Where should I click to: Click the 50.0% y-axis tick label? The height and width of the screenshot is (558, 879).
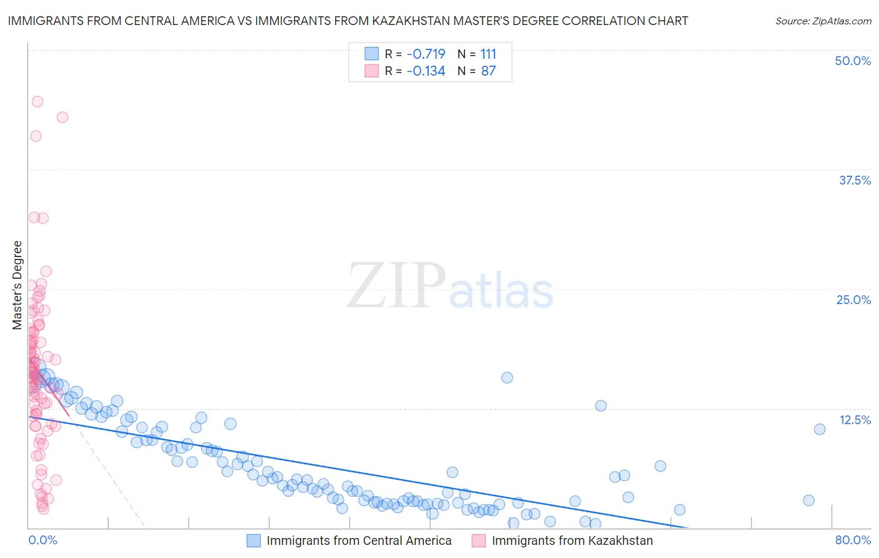853,61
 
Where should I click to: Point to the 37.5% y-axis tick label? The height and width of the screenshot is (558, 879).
855,180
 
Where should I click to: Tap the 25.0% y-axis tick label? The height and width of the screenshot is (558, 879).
853,300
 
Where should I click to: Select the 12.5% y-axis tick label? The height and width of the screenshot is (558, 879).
855,420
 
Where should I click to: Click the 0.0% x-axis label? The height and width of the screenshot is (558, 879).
43,540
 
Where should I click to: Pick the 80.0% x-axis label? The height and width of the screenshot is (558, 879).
853,540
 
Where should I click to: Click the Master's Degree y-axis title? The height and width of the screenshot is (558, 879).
18,285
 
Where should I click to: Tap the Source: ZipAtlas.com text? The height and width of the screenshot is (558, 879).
823,21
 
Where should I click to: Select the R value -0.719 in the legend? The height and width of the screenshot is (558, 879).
426,54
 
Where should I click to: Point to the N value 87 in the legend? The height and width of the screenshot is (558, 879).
488,71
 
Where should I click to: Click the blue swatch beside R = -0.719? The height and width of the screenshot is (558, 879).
372,54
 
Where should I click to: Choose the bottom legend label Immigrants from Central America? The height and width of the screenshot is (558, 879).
359,541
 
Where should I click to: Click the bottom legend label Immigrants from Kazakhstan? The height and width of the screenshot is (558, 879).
572,541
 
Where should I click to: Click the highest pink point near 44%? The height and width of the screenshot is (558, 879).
38,101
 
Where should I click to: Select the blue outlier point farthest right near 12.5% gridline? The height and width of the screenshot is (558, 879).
820,429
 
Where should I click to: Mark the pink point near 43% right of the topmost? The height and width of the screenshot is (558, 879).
63,117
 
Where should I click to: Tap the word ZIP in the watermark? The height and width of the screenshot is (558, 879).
396,286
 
